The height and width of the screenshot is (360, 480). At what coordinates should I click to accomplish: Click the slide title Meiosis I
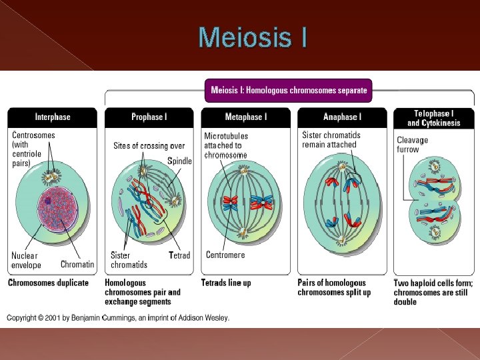point(253,37)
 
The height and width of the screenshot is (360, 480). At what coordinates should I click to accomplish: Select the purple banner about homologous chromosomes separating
point(289,90)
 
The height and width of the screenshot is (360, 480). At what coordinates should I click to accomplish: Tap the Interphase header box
point(53,117)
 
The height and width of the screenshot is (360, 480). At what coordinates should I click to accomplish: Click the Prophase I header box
point(149,117)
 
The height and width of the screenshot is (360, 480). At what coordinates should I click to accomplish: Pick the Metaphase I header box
point(246,117)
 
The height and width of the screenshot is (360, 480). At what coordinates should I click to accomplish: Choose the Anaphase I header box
point(342,117)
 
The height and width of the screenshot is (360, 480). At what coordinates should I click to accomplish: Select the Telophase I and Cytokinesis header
point(434,118)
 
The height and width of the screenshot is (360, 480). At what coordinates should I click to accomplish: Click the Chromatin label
point(77,265)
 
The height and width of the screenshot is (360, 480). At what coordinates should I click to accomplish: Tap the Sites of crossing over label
point(149,145)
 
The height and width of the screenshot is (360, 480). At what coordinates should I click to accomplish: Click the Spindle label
point(179,161)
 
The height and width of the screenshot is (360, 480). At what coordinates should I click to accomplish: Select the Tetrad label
point(179,255)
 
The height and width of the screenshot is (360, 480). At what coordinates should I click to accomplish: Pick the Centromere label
point(225,255)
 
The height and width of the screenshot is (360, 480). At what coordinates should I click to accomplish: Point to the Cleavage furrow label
point(412,145)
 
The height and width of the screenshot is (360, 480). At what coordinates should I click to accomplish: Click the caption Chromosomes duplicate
point(48,283)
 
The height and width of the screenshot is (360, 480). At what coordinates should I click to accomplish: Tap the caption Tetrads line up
point(226,283)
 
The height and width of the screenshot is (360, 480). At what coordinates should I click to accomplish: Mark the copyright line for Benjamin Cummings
point(119,318)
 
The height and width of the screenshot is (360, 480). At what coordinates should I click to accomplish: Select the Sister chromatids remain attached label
point(331,140)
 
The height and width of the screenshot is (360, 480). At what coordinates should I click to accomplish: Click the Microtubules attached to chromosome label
point(226,145)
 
